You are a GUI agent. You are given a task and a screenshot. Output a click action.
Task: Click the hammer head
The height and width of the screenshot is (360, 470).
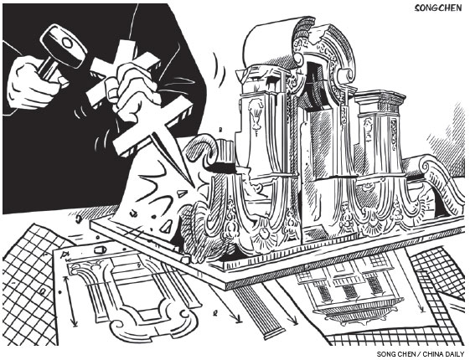[64, 45]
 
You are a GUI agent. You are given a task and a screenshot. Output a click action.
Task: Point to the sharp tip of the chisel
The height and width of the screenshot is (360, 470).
[191, 185]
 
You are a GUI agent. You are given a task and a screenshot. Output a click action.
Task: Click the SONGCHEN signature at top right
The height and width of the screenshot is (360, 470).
[438, 8]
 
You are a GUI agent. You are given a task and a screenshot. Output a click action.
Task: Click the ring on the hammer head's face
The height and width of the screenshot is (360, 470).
[68, 44]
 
